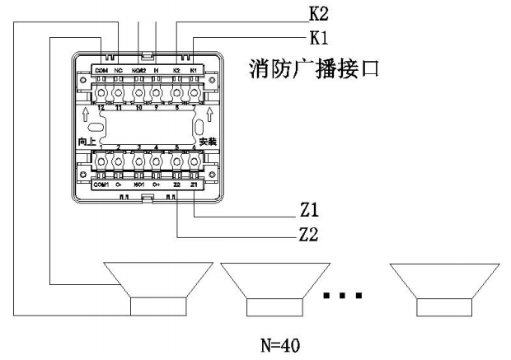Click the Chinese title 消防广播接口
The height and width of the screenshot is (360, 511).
(313, 68)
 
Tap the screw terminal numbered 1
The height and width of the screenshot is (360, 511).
(101, 161)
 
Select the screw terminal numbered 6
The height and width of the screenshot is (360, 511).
(195, 161)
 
